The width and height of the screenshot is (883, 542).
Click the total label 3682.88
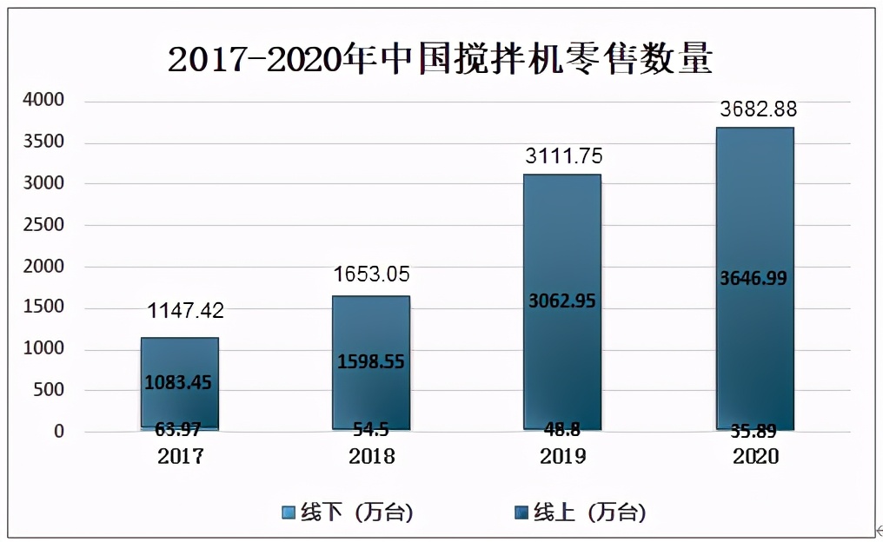tap(758, 110)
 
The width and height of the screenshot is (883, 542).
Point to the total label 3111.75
tap(563, 156)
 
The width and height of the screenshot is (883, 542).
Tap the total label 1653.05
tap(372, 275)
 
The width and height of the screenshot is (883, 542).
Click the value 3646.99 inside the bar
tap(754, 278)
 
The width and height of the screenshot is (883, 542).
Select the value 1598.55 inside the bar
tap(372, 361)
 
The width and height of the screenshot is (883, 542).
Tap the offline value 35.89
tap(754, 427)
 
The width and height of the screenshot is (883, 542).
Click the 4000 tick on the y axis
tap(43, 101)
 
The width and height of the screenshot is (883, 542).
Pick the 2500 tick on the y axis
tap(43, 225)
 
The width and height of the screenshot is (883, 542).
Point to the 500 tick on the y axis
tap(48, 390)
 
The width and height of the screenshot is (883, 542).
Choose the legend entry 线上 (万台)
tap(580, 512)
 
